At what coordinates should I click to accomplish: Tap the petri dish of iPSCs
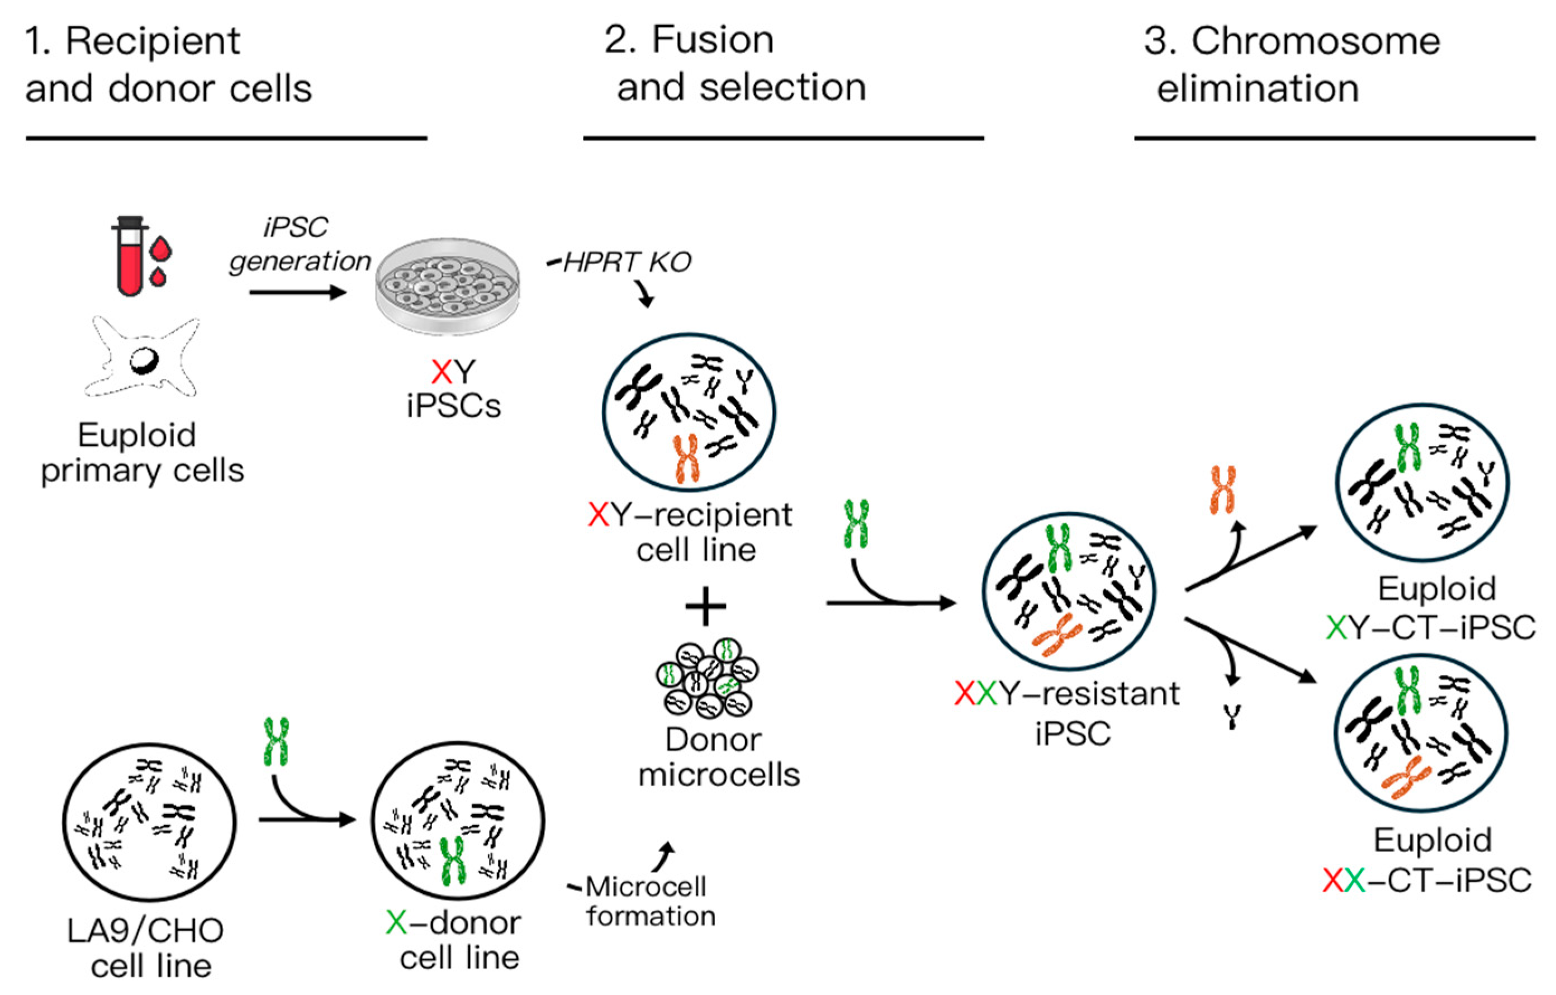point(448,286)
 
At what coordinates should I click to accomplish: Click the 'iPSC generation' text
point(298,244)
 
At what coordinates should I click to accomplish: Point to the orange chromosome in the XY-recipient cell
point(686,459)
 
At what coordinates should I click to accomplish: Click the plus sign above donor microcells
point(705,606)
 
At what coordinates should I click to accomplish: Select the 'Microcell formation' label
point(649,901)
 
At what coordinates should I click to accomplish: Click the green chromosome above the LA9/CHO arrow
point(277,742)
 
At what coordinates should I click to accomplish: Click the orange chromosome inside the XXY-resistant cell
point(1057,636)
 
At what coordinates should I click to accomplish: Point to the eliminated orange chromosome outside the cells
point(1222,490)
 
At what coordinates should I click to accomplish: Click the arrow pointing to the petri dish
point(298,293)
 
